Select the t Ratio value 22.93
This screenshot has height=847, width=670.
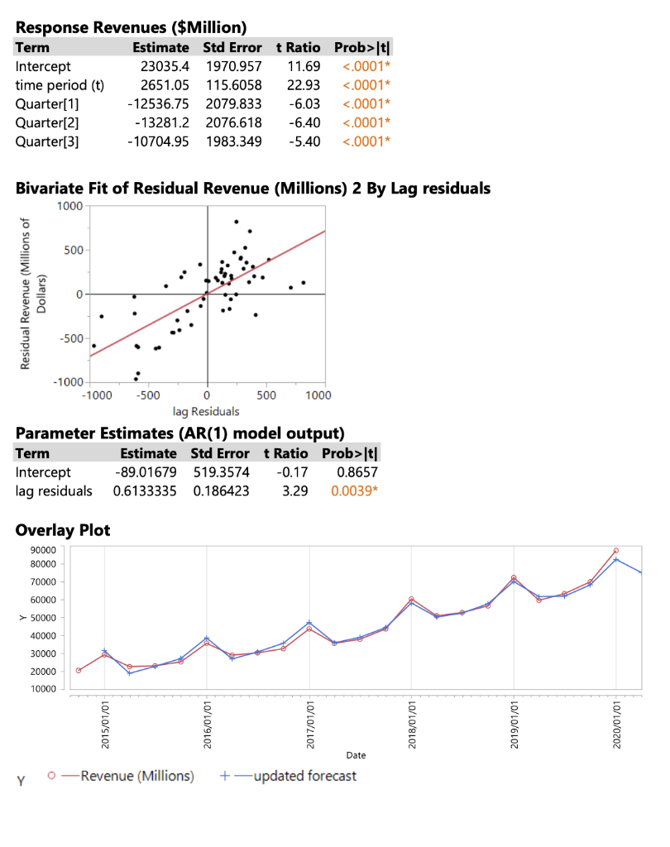click(303, 84)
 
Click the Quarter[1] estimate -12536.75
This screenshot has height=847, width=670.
click(159, 103)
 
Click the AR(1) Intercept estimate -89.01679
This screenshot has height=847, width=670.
click(146, 472)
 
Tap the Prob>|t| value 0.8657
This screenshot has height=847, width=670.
click(357, 472)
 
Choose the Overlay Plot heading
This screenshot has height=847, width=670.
click(63, 530)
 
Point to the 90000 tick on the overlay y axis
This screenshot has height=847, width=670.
click(45, 550)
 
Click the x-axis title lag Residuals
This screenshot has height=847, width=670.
click(206, 411)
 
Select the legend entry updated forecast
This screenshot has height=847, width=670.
click(305, 776)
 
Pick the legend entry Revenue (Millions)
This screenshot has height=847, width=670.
click(137, 776)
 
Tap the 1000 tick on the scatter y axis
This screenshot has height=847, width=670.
click(69, 205)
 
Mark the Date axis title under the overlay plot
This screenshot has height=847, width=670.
click(357, 755)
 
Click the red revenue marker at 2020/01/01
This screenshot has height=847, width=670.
click(616, 551)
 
